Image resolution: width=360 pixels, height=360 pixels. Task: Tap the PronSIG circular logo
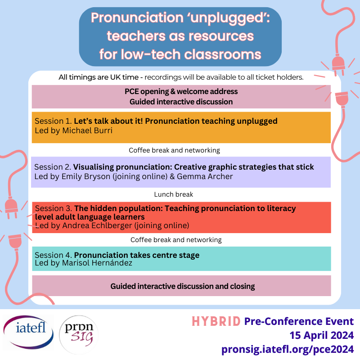pos(79,336)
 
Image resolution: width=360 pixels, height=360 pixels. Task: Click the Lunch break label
pos(173,194)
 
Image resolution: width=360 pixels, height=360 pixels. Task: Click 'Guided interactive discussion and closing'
pos(183,286)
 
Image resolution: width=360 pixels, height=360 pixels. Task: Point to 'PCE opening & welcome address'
pos(181,91)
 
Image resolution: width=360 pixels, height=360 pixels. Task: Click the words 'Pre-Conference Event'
pos(299,322)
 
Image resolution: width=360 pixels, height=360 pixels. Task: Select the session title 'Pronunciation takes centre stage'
pos(137,255)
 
